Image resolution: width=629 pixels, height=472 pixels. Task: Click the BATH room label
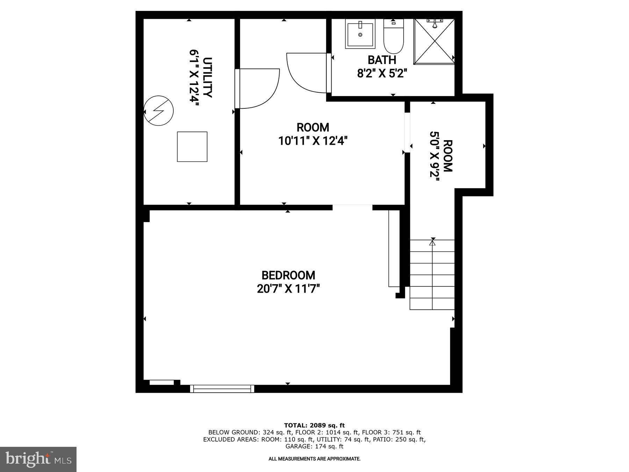click(x=382, y=60)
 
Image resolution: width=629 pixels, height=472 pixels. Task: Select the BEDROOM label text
click(x=288, y=276)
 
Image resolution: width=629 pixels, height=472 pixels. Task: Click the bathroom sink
click(x=360, y=34)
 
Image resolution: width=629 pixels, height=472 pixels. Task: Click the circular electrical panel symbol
click(x=159, y=111)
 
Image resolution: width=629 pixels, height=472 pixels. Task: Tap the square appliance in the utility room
click(x=192, y=146)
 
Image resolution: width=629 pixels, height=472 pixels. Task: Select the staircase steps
click(x=432, y=274)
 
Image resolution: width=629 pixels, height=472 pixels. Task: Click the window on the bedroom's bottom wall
click(x=222, y=388)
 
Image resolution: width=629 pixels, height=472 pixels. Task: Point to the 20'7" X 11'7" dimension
click(x=288, y=289)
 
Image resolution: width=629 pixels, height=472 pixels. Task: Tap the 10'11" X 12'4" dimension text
click(x=313, y=141)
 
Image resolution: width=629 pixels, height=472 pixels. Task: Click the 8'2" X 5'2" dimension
click(x=382, y=74)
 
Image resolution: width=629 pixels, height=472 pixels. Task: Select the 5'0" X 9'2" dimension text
click(x=434, y=154)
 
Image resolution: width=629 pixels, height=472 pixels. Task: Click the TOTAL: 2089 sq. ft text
click(x=314, y=425)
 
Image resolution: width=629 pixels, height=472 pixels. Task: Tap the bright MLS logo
click(x=38, y=459)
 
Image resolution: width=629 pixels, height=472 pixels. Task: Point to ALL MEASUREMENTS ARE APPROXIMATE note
click(x=314, y=459)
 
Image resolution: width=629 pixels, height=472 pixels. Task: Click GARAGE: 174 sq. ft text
click(x=314, y=446)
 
